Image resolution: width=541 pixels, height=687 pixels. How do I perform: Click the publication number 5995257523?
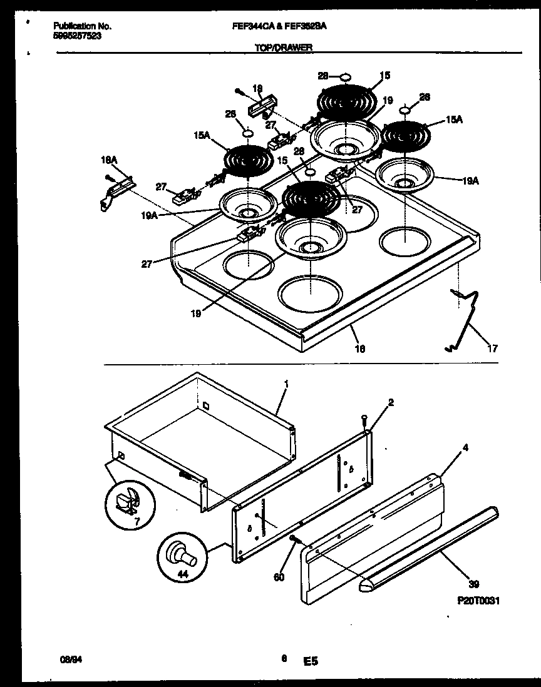tap(78, 36)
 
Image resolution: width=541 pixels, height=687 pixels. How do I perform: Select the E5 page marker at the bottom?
tap(311, 660)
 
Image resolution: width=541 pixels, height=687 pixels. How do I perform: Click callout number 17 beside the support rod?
tap(493, 349)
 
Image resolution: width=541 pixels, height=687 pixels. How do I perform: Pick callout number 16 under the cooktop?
tap(360, 348)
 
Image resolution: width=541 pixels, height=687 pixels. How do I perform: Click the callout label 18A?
tap(109, 161)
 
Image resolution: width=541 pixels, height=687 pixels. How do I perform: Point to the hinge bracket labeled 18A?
tap(116, 191)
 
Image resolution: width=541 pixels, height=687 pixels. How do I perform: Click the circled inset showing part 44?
tap(180, 554)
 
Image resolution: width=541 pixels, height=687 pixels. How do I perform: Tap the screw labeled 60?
tap(294, 539)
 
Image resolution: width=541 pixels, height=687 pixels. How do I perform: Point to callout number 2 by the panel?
tap(391, 402)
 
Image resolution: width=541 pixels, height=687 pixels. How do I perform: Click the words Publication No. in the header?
tap(82, 26)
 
